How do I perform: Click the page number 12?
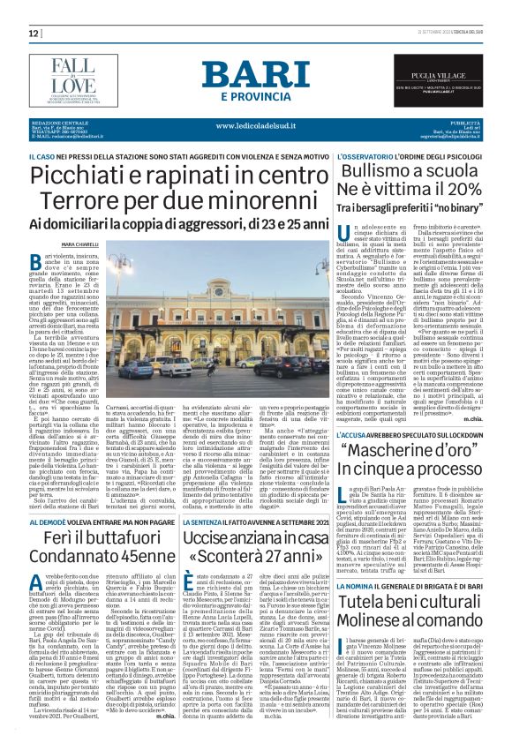coord(32,33)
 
